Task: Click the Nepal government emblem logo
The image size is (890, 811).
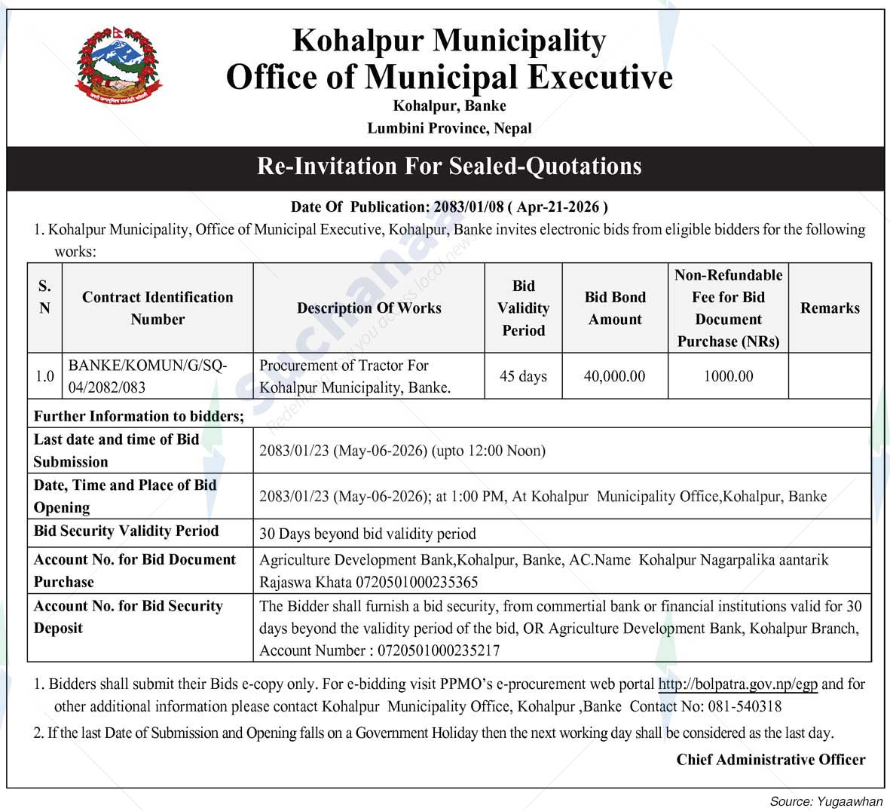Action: pyautogui.click(x=119, y=66)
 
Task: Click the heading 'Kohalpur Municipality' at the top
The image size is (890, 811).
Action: pyautogui.click(x=448, y=41)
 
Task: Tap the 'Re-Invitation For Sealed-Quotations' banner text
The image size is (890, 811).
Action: pyautogui.click(x=449, y=166)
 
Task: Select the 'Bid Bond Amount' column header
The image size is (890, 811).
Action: pyautogui.click(x=615, y=308)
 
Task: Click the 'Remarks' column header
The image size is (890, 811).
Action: pyautogui.click(x=830, y=308)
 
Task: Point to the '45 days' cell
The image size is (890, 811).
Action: pyautogui.click(x=523, y=376)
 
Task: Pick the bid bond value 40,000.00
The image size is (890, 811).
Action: pyautogui.click(x=614, y=376)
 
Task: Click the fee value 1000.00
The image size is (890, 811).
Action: pyautogui.click(x=728, y=376)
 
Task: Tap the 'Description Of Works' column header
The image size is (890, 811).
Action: pyautogui.click(x=369, y=308)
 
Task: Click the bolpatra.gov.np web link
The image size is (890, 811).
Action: pyautogui.click(x=738, y=684)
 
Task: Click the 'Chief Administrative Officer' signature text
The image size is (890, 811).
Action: pyautogui.click(x=770, y=760)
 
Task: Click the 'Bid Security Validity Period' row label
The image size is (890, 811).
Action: pyautogui.click(x=127, y=531)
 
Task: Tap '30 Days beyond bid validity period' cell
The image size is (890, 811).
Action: pyautogui.click(x=368, y=534)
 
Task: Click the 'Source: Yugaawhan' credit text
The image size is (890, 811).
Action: pyautogui.click(x=825, y=801)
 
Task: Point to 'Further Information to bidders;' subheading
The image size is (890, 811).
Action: pyautogui.click(x=139, y=416)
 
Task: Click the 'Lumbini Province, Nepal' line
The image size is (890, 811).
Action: pyautogui.click(x=449, y=128)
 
